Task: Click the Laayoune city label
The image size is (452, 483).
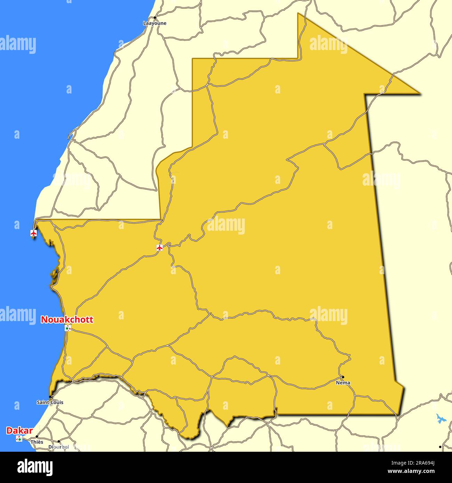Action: [x=155, y=23]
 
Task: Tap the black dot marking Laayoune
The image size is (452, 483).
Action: [x=155, y=17]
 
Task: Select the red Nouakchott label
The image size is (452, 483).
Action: [x=67, y=320]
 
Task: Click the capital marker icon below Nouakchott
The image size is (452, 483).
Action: [x=68, y=328]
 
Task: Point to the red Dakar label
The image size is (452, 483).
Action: [x=19, y=431]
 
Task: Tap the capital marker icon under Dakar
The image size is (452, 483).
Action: [x=19, y=439]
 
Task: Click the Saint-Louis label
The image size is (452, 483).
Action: [x=50, y=402]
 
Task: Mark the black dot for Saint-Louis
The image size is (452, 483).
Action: [x=50, y=397]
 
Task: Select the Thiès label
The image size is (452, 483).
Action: [x=37, y=442]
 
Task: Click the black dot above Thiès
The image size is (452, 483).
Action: [x=37, y=437]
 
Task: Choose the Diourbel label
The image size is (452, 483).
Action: [x=58, y=447]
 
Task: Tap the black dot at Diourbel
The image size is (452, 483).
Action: [x=58, y=442]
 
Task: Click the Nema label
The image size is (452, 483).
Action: [x=343, y=383]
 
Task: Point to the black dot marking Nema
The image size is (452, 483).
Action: [x=342, y=377]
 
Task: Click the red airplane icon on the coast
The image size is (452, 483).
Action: [x=34, y=233]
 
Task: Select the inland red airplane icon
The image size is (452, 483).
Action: [x=160, y=248]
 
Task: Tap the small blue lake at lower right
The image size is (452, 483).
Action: [x=441, y=419]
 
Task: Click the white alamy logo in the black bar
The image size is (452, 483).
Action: [x=35, y=467]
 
